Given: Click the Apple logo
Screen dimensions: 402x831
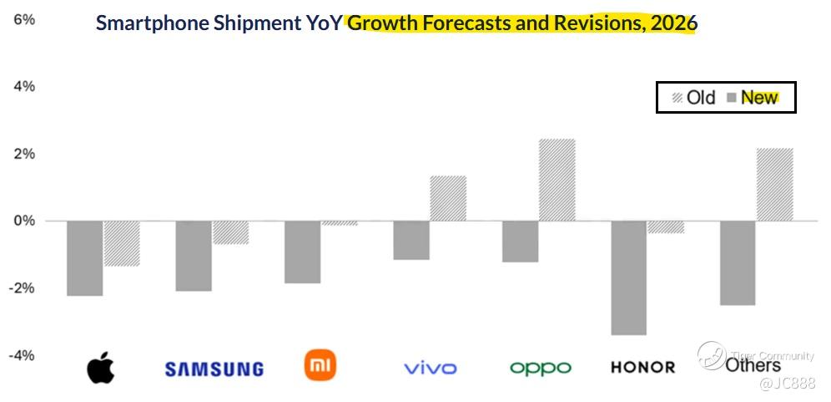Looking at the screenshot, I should [x=100, y=367].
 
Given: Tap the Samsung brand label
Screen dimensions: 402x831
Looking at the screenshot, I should [x=214, y=369].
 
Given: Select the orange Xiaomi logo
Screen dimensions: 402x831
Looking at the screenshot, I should [x=320, y=365].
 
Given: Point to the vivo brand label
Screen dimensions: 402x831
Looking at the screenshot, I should [x=430, y=368].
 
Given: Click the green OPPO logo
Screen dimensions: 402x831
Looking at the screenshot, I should [x=541, y=368].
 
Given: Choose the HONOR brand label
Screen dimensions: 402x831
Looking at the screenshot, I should [x=643, y=368].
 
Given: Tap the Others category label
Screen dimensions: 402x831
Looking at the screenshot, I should [x=753, y=365].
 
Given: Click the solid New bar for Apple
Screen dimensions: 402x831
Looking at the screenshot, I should [x=84, y=258].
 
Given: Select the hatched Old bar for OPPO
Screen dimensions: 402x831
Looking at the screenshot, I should [x=557, y=180].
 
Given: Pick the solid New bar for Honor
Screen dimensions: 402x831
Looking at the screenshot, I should [x=628, y=277].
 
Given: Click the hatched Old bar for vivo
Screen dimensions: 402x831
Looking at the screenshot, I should [x=448, y=198].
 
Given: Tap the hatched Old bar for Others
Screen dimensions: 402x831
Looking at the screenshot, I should [x=774, y=185].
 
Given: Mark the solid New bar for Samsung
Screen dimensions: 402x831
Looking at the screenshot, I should [x=194, y=256].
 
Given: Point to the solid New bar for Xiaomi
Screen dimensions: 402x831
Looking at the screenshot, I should [x=302, y=252].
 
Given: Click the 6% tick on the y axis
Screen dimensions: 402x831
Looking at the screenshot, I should [x=24, y=18].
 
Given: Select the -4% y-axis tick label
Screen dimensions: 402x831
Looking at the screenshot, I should [x=22, y=355].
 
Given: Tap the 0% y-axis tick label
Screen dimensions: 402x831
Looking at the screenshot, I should [x=24, y=221].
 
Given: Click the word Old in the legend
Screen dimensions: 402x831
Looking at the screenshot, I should [x=701, y=98].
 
